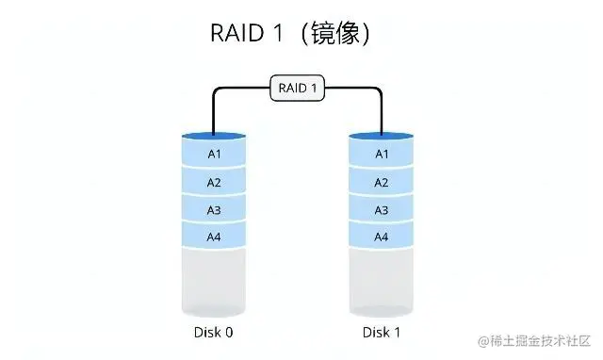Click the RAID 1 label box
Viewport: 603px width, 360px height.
[298, 89]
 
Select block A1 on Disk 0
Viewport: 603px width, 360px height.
[214, 154]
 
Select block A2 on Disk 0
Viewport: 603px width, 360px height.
[214, 182]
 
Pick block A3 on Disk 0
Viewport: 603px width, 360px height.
[214, 209]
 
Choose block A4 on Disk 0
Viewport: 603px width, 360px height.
[214, 237]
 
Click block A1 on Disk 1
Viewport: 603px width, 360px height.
[382, 154]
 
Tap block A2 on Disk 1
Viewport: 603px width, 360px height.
[382, 182]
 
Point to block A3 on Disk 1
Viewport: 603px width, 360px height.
[382, 209]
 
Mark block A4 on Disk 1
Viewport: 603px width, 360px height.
[382, 237]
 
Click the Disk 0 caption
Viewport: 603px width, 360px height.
[214, 333]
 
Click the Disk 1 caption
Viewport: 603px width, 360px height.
[382, 333]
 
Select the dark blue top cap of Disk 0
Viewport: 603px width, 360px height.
[214, 137]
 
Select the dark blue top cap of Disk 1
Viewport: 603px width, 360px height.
[382, 137]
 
